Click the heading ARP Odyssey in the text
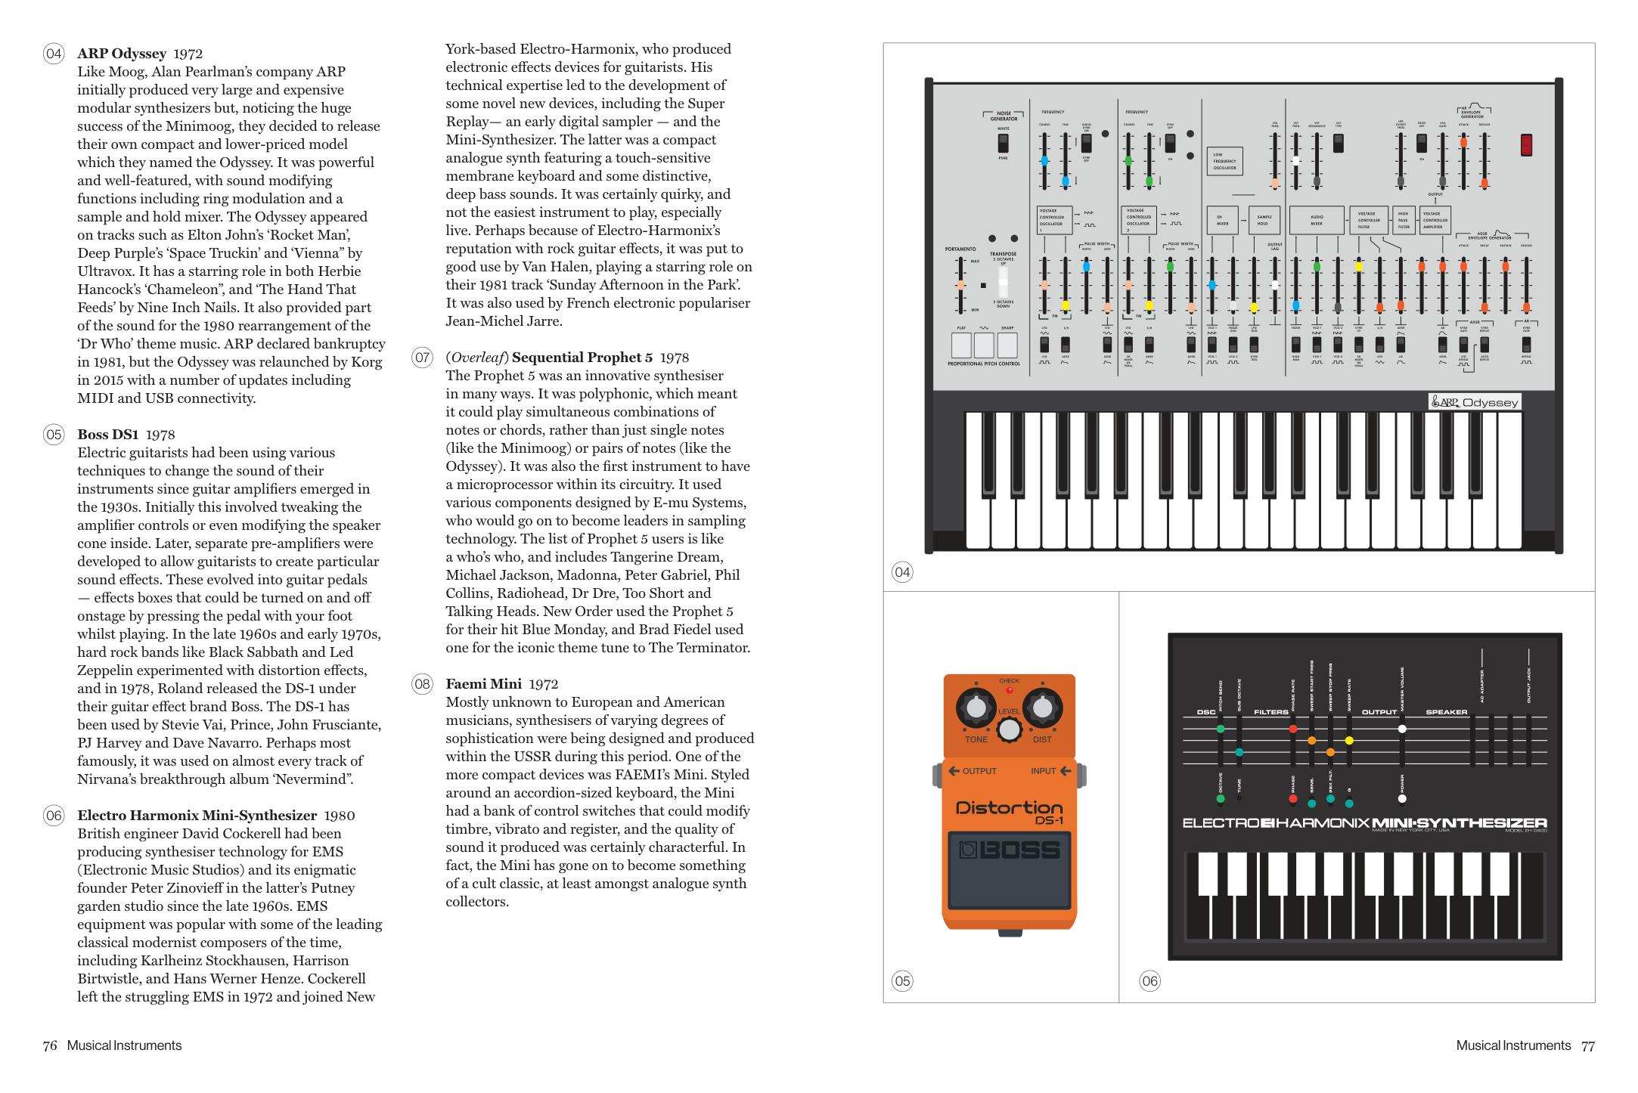click(121, 54)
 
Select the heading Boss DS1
click(107, 435)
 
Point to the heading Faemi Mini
click(483, 684)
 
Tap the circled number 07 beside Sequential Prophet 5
click(422, 358)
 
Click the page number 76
click(50, 1045)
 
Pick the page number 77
click(1587, 1046)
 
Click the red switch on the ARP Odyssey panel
click(1526, 144)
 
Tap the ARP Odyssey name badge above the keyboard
click(1474, 402)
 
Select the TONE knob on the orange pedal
click(976, 708)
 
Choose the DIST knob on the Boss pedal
click(1042, 708)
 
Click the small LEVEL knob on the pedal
click(1009, 729)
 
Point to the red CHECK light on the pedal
click(1009, 690)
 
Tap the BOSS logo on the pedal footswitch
click(1010, 850)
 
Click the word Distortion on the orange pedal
click(1009, 807)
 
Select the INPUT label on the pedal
click(1043, 771)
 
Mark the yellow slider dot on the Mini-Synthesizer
click(1349, 741)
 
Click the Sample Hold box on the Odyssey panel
click(1264, 220)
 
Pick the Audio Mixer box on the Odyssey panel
click(1317, 220)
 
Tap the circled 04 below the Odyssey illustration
click(902, 572)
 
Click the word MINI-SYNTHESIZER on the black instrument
click(1460, 822)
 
